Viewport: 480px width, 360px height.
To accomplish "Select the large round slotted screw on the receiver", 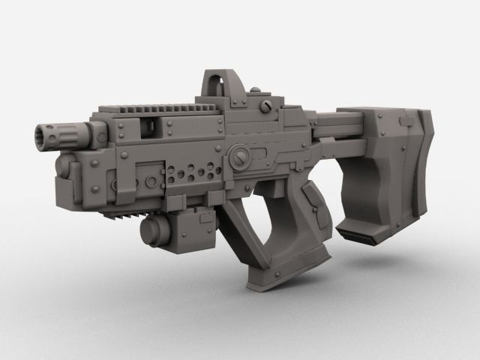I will [x=241, y=155].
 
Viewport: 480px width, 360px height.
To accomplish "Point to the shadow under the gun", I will [x=337, y=300].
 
